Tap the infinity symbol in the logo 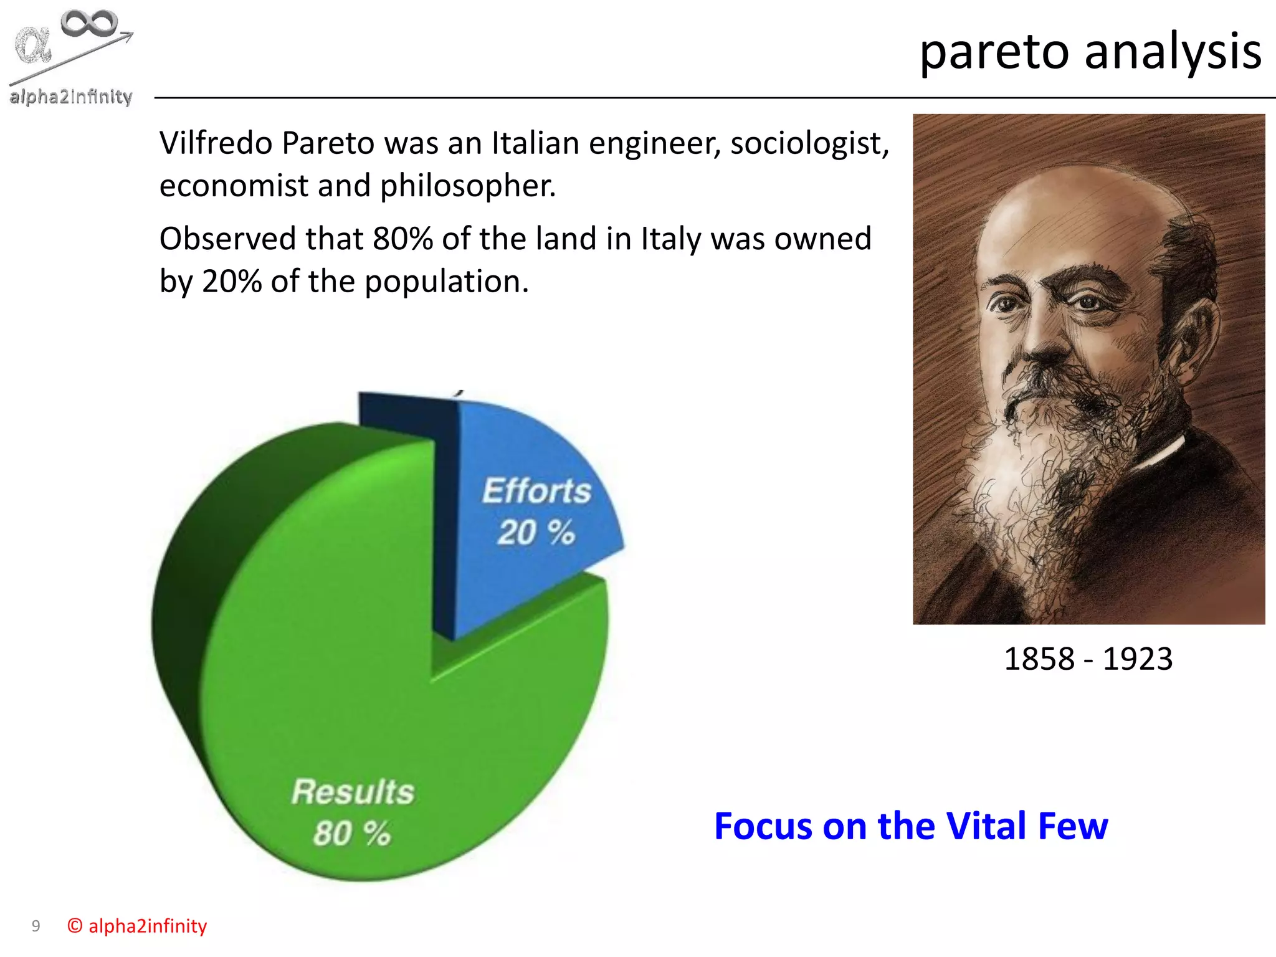point(89,24)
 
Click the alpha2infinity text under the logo point(70,97)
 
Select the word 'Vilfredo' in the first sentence point(216,143)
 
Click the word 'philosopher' point(467,186)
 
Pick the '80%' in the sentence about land point(402,239)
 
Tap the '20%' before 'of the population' point(232,282)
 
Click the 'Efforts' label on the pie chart point(536,491)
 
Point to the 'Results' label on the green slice point(353,792)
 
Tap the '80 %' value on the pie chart point(352,834)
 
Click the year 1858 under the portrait point(1039,659)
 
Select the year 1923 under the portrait point(1138,659)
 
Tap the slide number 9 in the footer point(36,926)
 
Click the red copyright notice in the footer point(137,926)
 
